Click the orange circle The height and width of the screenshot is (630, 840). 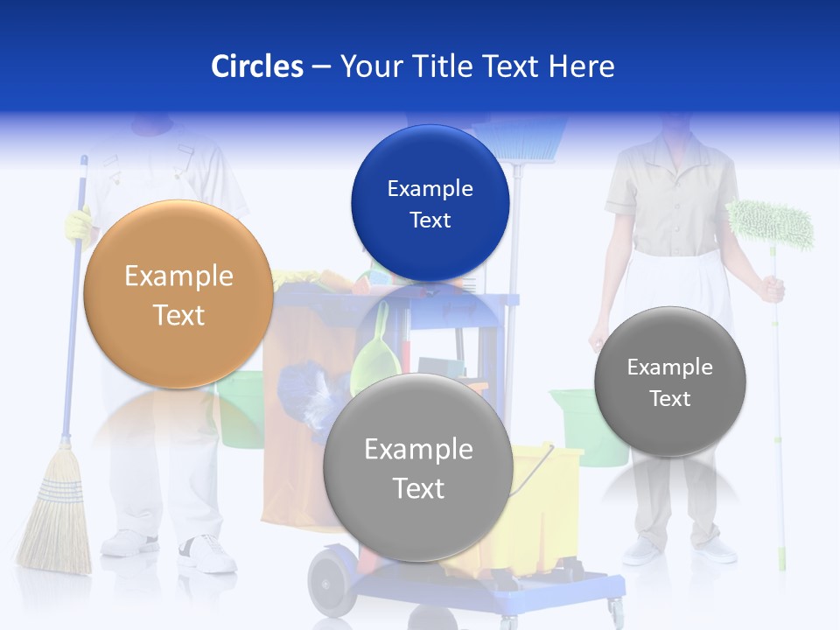point(178,294)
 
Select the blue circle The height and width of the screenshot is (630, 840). point(430,203)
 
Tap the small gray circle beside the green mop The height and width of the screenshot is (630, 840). point(669,381)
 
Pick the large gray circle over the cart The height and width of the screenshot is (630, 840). point(418,467)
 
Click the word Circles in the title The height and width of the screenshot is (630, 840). point(257,66)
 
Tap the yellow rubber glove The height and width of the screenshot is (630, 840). point(78,224)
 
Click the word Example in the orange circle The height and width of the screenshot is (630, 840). point(178,276)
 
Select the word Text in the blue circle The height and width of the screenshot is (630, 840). point(430,220)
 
